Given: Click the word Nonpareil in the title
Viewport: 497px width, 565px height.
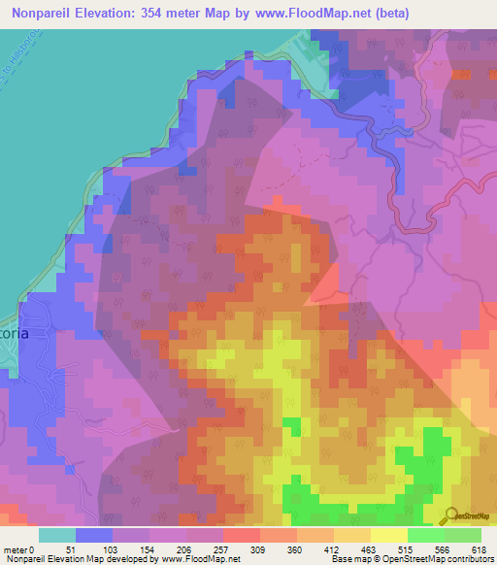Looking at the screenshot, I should [45, 13].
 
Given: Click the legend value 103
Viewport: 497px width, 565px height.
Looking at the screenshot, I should [113, 549].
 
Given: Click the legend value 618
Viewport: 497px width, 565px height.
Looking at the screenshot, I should [480, 549].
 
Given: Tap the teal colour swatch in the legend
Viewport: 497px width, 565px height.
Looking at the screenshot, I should [56, 535].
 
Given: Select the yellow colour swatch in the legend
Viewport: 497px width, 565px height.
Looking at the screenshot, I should [388, 535].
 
